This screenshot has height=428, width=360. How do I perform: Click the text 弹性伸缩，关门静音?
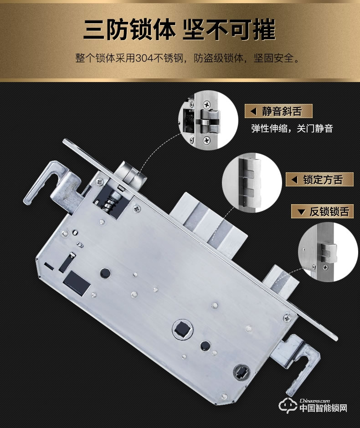292,129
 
